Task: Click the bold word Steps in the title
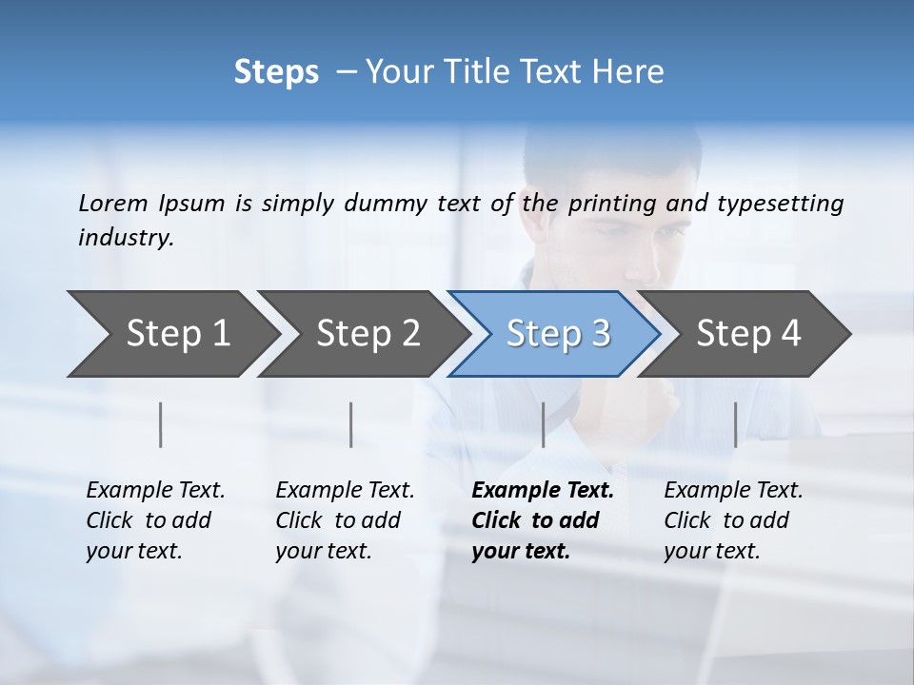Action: pos(276,72)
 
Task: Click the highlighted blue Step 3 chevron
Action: pos(558,334)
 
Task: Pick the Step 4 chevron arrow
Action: pos(748,334)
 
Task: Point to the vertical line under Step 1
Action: pos(161,424)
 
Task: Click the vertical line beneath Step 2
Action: pos(351,424)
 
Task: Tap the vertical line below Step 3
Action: pos(543,424)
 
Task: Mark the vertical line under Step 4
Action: pos(735,424)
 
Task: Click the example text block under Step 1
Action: pos(155,520)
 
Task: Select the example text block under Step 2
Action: pos(345,520)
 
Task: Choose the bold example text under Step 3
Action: pos(543,520)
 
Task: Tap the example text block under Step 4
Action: pos(733,520)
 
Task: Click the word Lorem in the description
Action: pos(113,203)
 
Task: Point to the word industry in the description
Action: pos(126,238)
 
